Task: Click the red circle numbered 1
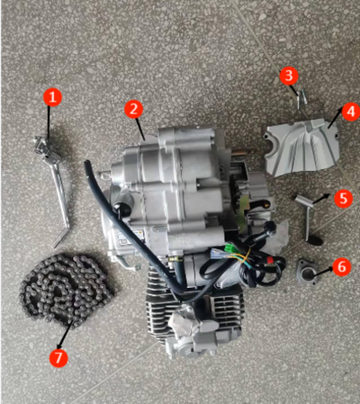pyautogui.click(x=53, y=95)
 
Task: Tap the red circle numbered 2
pyautogui.click(x=133, y=109)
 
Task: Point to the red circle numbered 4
pyautogui.click(x=349, y=112)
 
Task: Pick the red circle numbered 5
pyautogui.click(x=343, y=198)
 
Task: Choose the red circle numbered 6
pyautogui.click(x=340, y=266)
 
